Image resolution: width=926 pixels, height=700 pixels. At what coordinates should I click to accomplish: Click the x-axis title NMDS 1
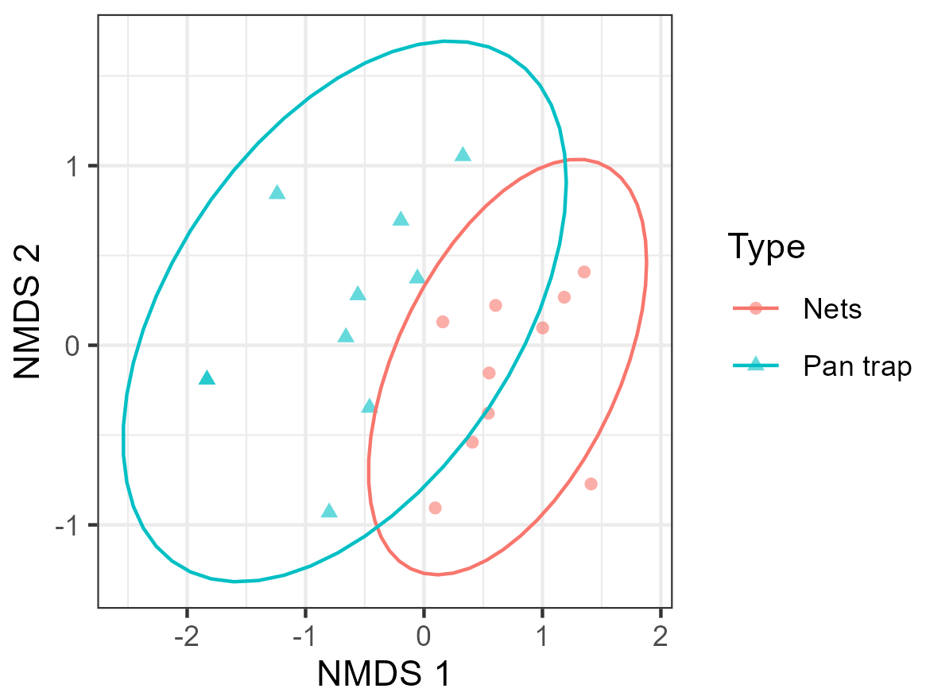(x=384, y=674)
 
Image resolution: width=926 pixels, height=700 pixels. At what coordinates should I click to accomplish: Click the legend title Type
(x=766, y=247)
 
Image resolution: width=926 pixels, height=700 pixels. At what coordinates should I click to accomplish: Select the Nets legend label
(x=831, y=307)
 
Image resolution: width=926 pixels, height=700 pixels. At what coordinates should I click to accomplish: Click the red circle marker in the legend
(x=756, y=307)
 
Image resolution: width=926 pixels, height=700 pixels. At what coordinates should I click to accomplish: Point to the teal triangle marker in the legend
(x=756, y=365)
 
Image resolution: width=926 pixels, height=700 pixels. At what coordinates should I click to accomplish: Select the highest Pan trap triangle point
(x=463, y=155)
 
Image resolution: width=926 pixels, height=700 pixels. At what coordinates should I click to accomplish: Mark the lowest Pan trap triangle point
(x=329, y=511)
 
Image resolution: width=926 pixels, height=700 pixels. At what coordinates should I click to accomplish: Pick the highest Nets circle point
(x=584, y=272)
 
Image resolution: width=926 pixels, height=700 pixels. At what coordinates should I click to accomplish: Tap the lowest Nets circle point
(x=435, y=508)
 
